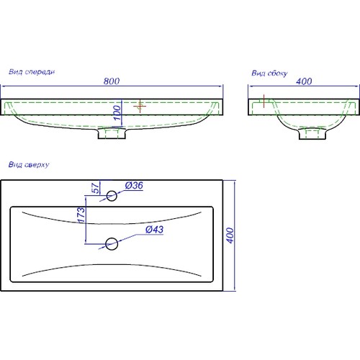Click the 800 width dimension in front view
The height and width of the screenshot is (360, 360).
(x=112, y=81)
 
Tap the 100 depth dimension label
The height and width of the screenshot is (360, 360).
(x=117, y=113)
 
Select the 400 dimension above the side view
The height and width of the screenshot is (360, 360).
(x=304, y=81)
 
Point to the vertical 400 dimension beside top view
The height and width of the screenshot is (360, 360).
(x=230, y=235)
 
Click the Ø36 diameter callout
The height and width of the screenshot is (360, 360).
(x=134, y=186)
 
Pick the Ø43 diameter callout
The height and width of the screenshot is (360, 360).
(x=155, y=230)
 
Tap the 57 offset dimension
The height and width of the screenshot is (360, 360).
(x=95, y=188)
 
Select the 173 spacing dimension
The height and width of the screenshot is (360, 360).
(x=81, y=215)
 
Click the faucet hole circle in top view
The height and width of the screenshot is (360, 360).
(x=112, y=196)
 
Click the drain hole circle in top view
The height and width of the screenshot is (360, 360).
(x=112, y=244)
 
